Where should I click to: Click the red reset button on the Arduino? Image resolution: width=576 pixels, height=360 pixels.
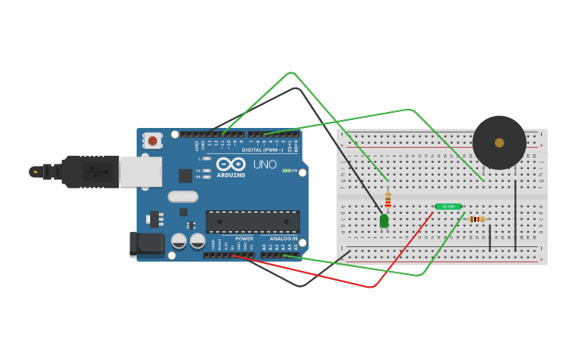coord(152,141)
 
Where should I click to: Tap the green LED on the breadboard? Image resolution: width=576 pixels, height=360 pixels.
coord(385,220)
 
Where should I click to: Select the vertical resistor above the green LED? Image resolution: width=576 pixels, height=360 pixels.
coord(388,199)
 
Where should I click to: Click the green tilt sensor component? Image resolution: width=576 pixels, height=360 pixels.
coord(448,207)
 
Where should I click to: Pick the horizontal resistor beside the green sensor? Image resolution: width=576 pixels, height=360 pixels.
coord(477,219)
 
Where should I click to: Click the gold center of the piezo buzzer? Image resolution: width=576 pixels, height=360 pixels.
coord(499,143)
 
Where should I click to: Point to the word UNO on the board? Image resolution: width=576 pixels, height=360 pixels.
coord(265,165)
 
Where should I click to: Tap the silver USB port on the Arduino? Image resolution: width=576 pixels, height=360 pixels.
coord(141,172)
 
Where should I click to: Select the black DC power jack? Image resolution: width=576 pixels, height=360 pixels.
coord(147,244)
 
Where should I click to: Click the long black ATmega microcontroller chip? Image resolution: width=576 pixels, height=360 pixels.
coord(253,222)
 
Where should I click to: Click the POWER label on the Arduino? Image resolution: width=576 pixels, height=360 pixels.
coord(244,238)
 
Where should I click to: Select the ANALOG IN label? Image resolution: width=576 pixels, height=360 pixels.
coord(284,238)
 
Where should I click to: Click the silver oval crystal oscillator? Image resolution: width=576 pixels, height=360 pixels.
coord(183,196)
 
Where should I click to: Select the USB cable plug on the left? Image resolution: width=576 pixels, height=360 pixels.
coord(79,171)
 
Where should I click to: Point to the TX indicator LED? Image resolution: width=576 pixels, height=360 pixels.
coord(207,171)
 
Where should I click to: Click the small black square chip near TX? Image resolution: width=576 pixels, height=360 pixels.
coord(185,176)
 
